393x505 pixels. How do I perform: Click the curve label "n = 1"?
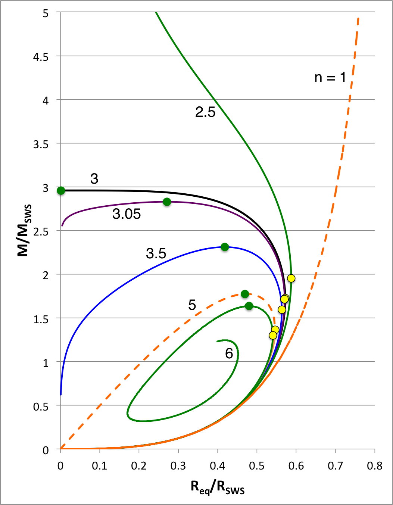(x=330, y=77)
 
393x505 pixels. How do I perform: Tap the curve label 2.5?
(x=205, y=112)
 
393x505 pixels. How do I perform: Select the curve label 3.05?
(x=127, y=214)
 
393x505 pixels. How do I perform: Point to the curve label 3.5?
(x=156, y=254)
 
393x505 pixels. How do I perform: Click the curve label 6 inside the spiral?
(x=229, y=353)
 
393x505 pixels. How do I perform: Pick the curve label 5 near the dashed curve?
(x=192, y=305)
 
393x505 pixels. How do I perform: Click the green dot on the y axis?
(x=61, y=191)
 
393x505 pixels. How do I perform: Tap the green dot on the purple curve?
(x=167, y=202)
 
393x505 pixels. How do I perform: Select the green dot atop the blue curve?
(x=225, y=247)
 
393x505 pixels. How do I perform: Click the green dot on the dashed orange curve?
(x=245, y=294)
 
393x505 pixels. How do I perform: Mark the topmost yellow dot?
(x=291, y=278)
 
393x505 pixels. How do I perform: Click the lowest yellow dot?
(x=273, y=336)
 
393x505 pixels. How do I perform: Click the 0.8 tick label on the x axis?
(x=374, y=466)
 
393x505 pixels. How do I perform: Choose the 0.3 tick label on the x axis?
(x=178, y=466)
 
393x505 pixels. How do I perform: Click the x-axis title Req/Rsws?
(x=218, y=487)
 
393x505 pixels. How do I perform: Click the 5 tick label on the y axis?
(x=46, y=13)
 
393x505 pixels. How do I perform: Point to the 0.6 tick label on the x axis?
(x=296, y=466)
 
